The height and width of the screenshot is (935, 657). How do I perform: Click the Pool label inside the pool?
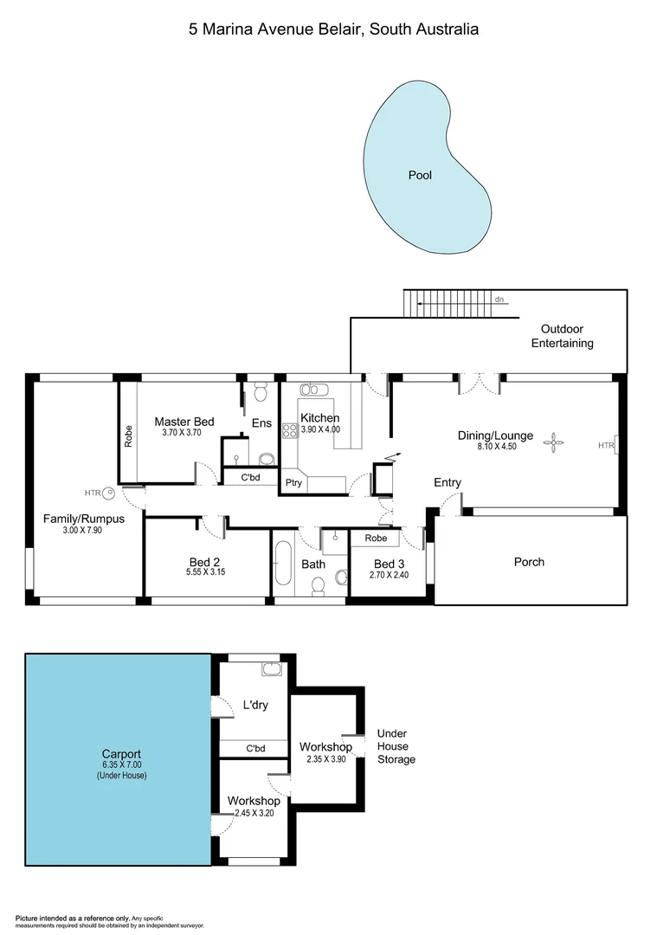coord(420,175)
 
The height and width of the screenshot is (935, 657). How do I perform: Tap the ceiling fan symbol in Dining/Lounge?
coord(551,444)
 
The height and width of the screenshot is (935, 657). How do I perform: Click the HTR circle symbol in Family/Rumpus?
coord(109,493)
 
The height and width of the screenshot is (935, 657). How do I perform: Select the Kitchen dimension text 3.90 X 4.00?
coord(320,429)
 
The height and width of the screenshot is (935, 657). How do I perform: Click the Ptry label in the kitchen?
coord(293,483)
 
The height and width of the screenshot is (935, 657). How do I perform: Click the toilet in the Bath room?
coord(318,586)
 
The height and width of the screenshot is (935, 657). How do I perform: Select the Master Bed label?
coord(184,422)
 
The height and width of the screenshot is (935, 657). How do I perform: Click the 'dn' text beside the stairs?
coord(499,300)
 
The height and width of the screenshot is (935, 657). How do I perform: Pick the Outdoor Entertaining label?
coord(562,336)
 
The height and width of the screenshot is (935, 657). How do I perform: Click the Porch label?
coord(529,562)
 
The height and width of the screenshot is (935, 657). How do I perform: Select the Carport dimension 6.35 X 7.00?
coord(119,765)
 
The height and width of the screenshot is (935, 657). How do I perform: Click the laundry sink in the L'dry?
coord(271,669)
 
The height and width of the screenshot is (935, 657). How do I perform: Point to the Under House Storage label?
coord(396,746)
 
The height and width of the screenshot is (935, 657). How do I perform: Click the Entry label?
coord(448,482)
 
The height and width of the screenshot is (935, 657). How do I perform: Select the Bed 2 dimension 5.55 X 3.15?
coord(205,572)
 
